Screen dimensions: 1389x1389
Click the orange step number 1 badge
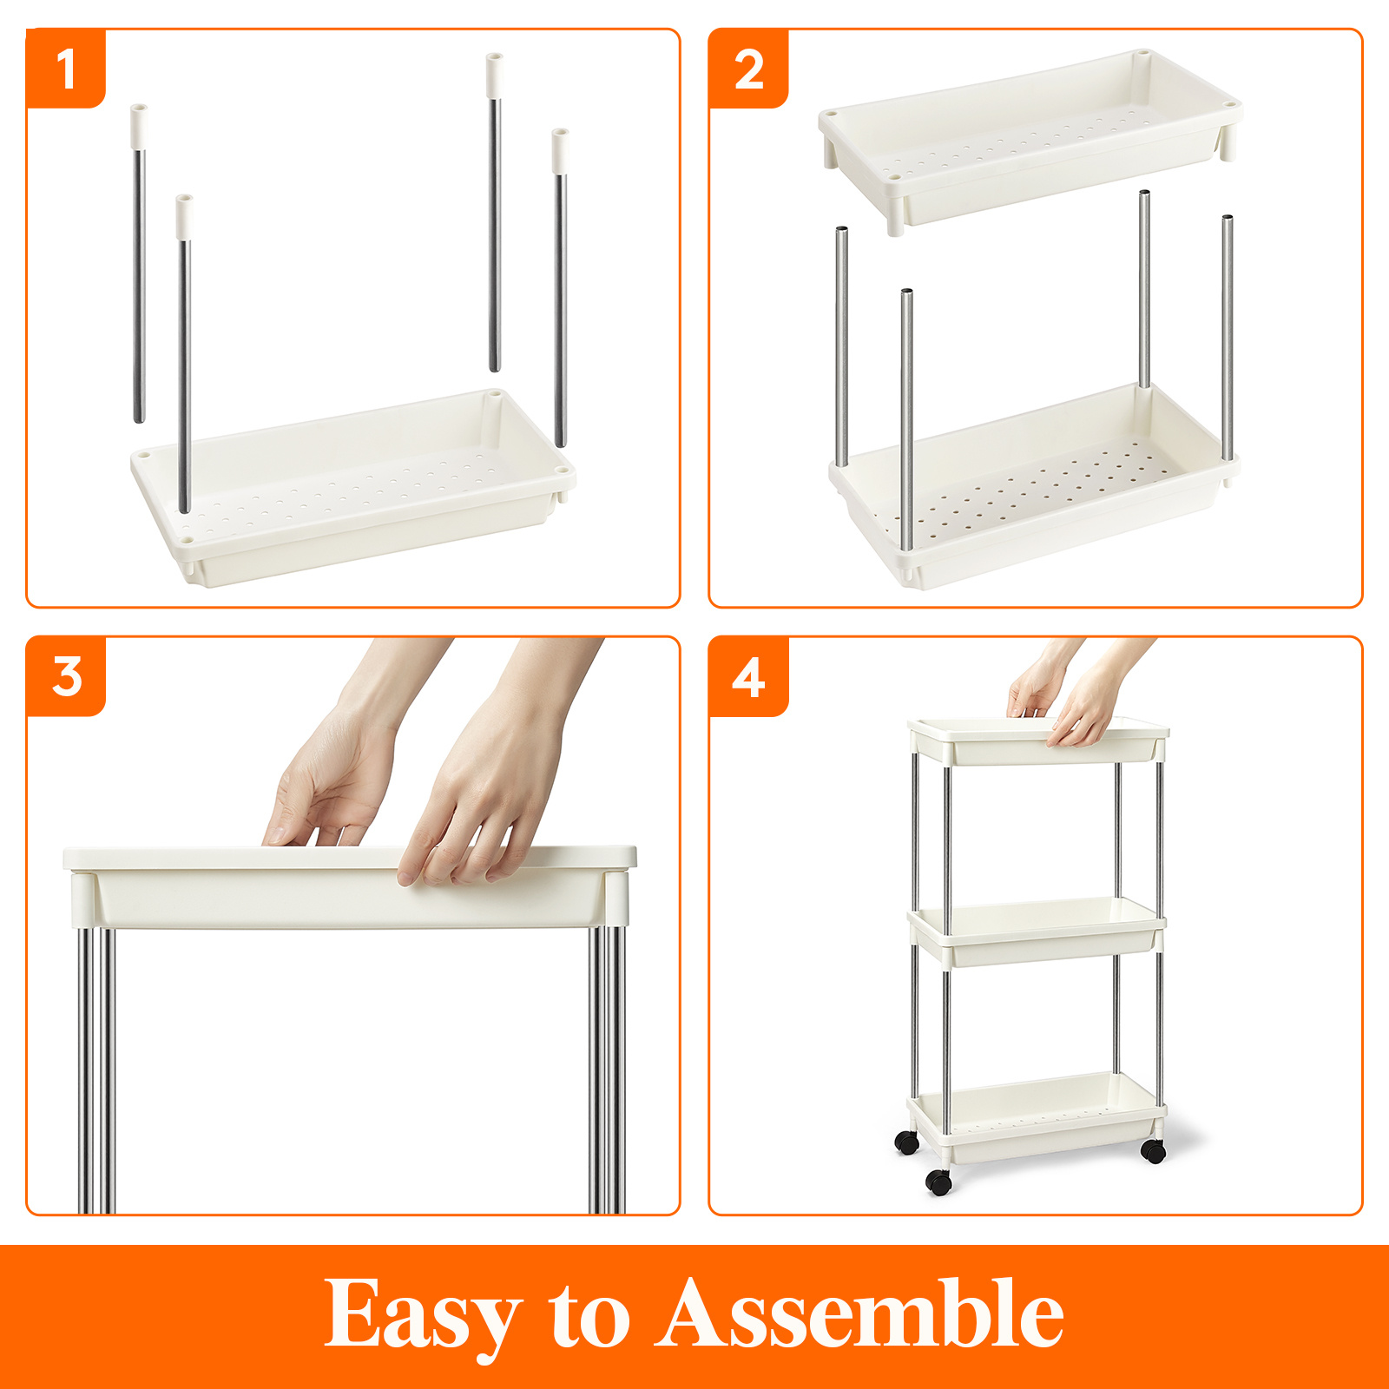coord(66,69)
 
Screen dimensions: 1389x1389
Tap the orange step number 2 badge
coord(748,69)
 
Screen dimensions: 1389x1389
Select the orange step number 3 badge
coord(66,676)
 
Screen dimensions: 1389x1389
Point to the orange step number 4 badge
coord(748,677)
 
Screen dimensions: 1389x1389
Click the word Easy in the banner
coord(422,1315)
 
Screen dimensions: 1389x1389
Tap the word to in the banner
coord(589,1315)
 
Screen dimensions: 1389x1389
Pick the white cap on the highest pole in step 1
coord(494,75)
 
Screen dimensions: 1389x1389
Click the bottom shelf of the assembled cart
coord(1037,1120)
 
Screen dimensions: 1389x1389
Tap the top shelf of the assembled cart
coord(1037,742)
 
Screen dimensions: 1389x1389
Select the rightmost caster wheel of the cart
coord(1153,1151)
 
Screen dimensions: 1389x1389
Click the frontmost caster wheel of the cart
coord(938,1182)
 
